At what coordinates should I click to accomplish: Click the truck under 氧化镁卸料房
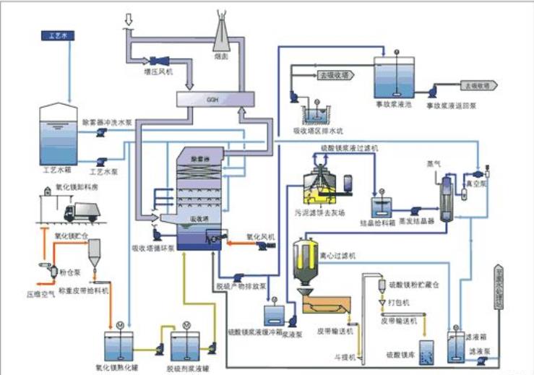[x=78, y=211]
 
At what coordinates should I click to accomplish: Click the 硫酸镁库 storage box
[x=426, y=350]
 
